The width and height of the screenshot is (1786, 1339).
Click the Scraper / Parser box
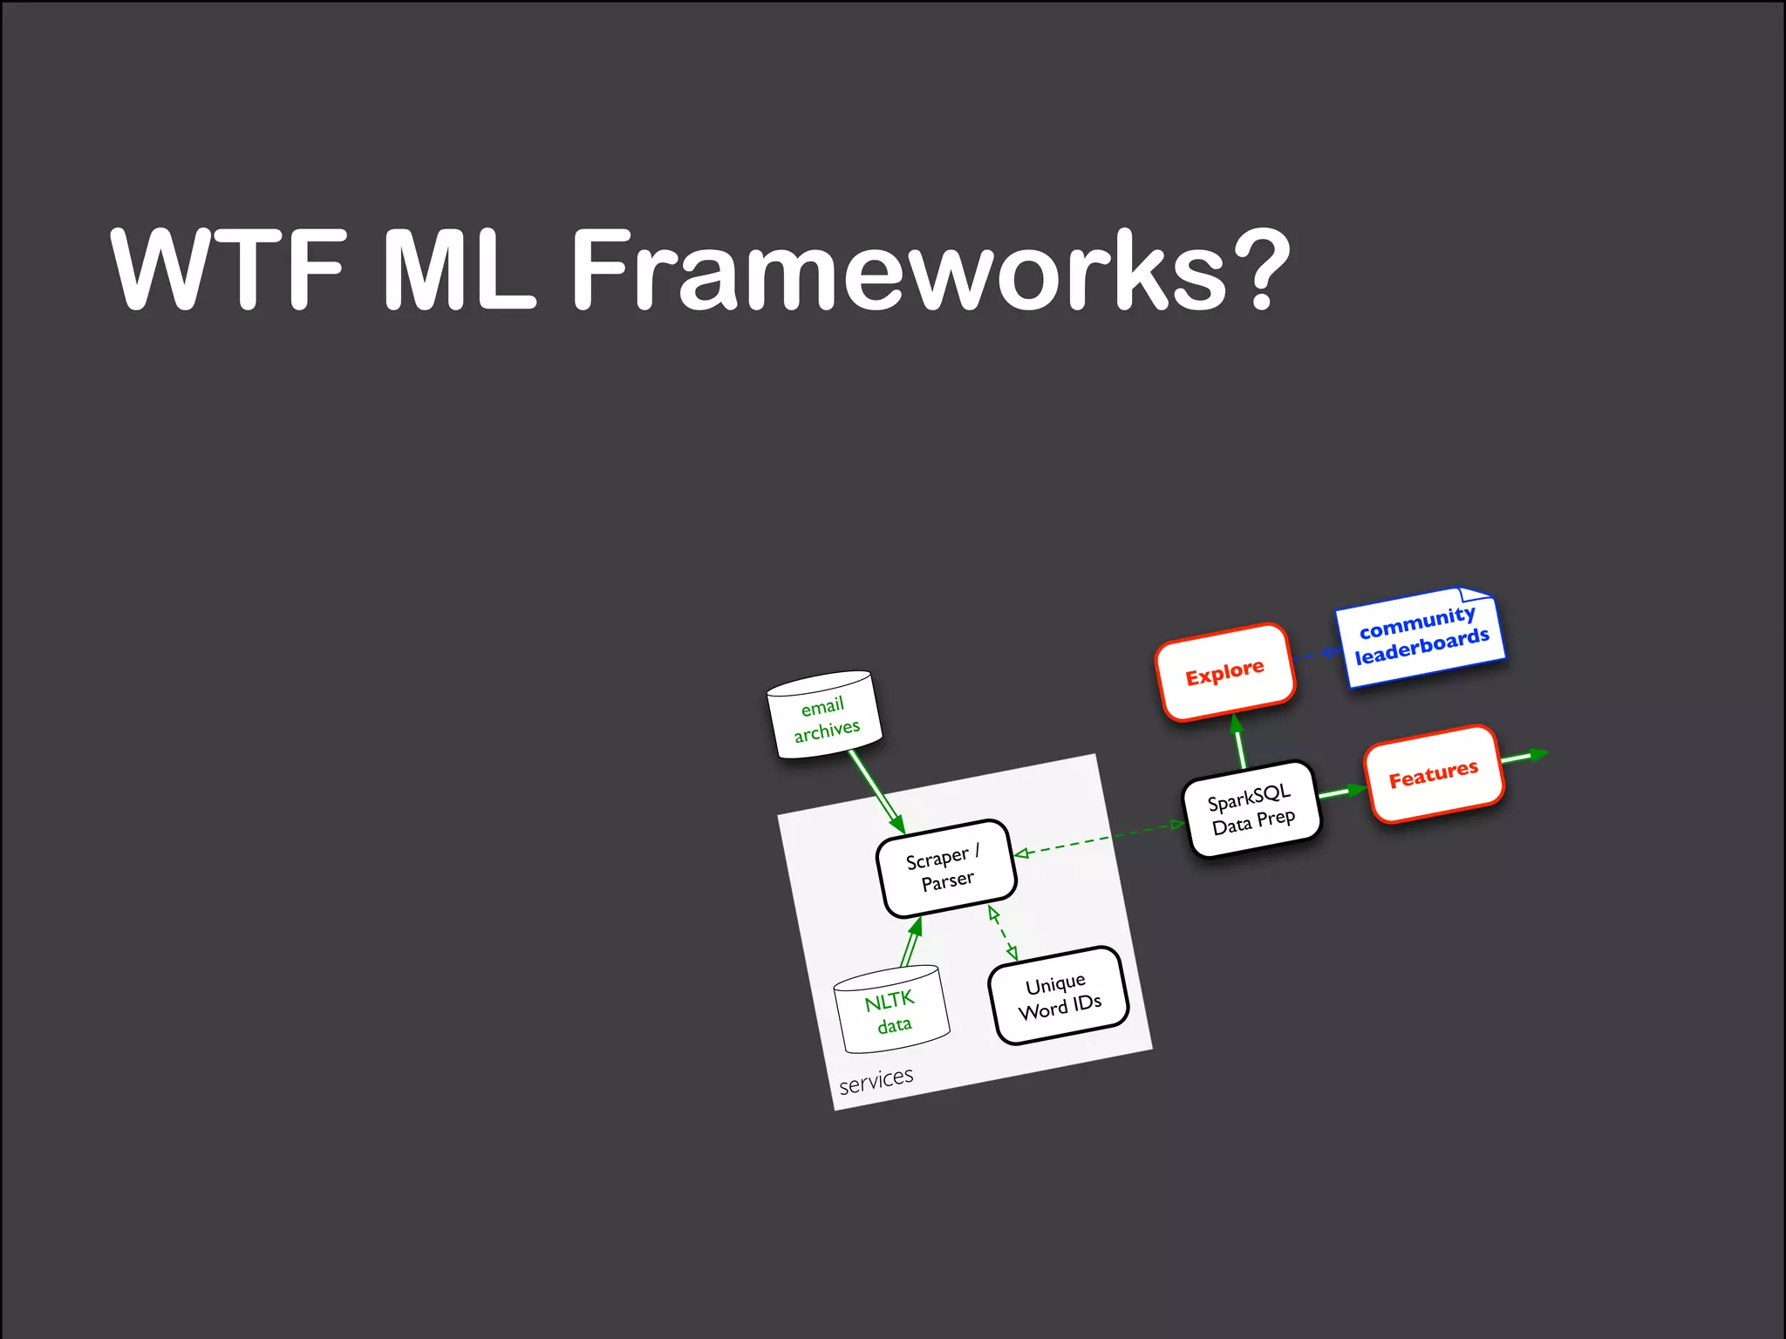click(x=946, y=869)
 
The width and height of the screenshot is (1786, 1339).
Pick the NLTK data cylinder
click(x=890, y=1011)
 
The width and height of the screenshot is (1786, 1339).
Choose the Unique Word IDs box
click(x=1059, y=996)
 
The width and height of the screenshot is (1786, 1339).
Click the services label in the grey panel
click(x=876, y=1080)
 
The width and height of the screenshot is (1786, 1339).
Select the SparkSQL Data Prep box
click(x=1251, y=810)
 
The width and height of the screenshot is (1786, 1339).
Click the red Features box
click(x=1433, y=774)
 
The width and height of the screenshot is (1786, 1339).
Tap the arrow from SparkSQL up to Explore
click(x=1239, y=742)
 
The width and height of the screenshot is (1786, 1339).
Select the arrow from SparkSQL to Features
click(x=1341, y=792)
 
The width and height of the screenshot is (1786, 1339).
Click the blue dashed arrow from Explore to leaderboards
click(x=1316, y=654)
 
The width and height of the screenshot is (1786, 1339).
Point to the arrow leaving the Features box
click(x=1523, y=756)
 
